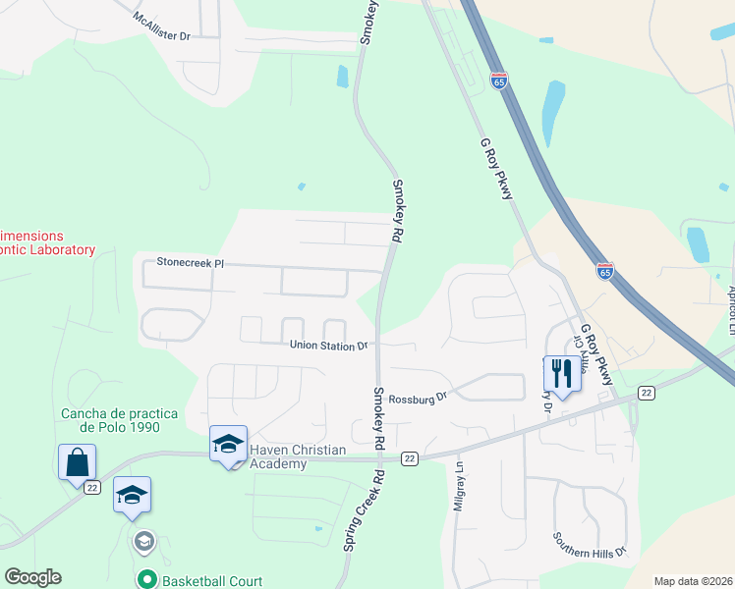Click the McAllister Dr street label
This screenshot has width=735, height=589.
[163, 28]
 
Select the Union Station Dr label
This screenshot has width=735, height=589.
[328, 346]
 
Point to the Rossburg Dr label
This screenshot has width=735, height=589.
[418, 398]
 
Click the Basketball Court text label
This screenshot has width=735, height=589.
[213, 581]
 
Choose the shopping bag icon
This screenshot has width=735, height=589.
[78, 461]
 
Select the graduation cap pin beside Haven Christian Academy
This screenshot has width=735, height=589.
[228, 445]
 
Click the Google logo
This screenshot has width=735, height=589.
[32, 577]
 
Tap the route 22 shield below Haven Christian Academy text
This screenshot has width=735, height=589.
[411, 458]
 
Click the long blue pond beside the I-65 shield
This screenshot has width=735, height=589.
[553, 111]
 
